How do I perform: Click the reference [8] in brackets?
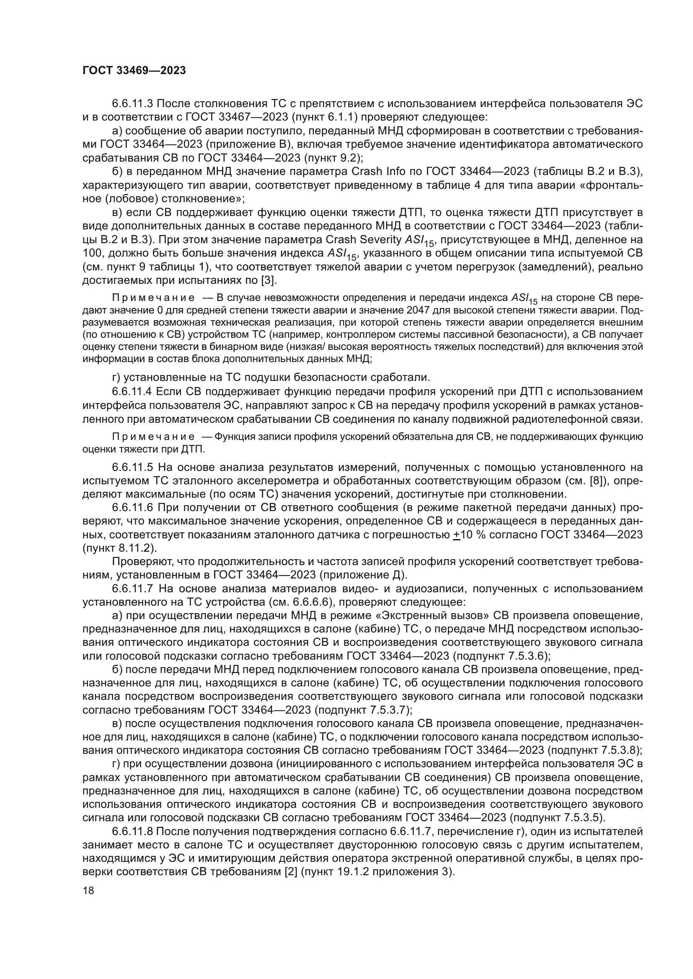[x=596, y=481]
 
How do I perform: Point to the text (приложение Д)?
[x=363, y=575]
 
